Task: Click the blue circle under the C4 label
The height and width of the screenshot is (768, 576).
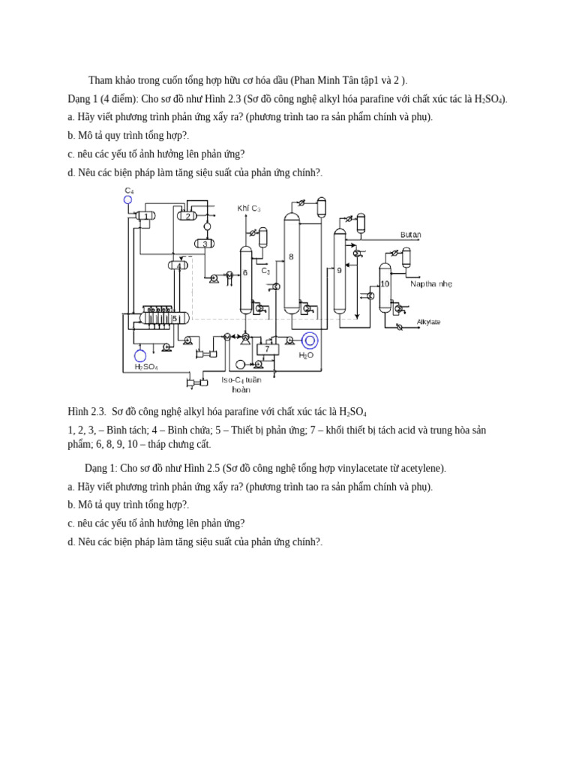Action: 127,199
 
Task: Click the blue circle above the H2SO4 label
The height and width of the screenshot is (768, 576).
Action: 140,355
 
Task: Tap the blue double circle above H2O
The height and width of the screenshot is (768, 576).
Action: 310,340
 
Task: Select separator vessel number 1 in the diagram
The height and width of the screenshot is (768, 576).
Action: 145,216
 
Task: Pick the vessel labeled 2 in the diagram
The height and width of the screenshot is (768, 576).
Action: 187,216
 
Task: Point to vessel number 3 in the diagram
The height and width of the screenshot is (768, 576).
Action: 204,244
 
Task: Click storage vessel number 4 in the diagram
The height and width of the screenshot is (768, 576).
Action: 178,265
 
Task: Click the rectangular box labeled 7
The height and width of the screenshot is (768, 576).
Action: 267,349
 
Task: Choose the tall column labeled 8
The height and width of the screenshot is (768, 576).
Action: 291,262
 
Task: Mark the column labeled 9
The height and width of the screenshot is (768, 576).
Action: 340,271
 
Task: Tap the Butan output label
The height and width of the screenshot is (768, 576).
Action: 410,235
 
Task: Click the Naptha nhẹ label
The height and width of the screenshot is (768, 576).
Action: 431,284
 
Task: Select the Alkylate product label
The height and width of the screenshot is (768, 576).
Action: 428,322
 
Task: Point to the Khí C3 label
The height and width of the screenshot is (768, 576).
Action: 248,208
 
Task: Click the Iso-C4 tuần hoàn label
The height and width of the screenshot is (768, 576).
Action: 241,385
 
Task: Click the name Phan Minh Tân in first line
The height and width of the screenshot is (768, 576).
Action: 325,81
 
